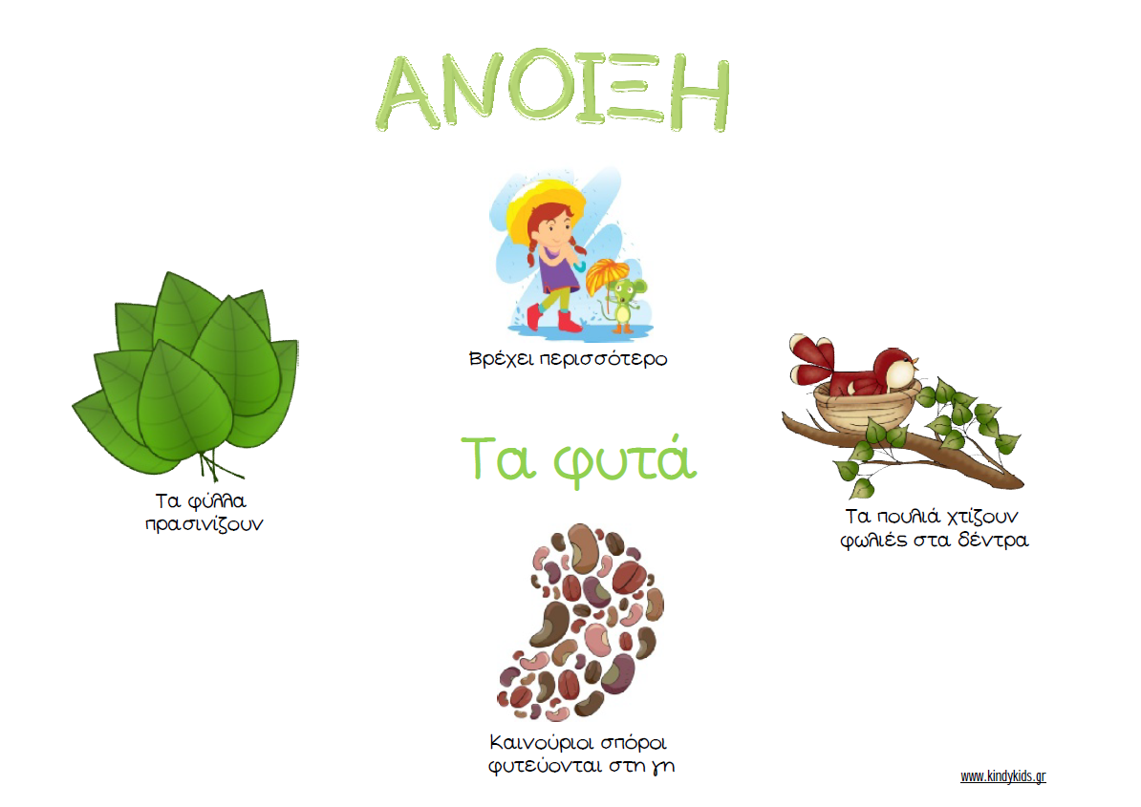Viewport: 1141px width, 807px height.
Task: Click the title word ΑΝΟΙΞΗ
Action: tap(553, 91)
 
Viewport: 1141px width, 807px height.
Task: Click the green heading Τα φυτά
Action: tap(579, 458)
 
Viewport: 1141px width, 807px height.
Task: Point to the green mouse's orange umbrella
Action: tap(608, 276)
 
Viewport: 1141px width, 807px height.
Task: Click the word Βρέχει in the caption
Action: tap(501, 359)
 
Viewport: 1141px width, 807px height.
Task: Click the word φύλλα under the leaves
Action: tap(217, 501)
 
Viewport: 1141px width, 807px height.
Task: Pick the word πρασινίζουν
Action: tap(204, 525)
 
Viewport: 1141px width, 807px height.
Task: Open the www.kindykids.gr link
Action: tap(1002, 776)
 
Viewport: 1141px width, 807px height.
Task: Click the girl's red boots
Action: tap(554, 318)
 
